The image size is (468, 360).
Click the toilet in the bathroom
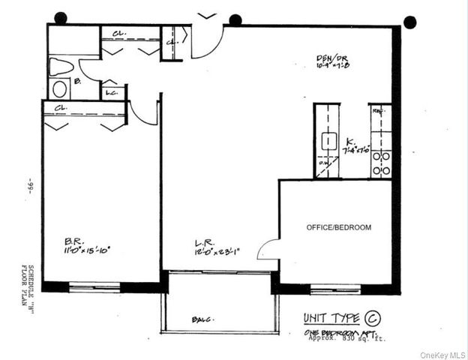click(61, 67)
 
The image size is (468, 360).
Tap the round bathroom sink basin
click(60, 89)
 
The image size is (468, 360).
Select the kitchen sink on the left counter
click(328, 139)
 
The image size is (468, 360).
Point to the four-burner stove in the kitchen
click(380, 163)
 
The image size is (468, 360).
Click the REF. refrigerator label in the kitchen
click(379, 110)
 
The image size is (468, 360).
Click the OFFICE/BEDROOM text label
click(338, 227)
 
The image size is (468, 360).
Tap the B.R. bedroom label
click(73, 241)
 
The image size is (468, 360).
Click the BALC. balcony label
click(201, 319)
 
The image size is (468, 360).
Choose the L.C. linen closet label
click(111, 93)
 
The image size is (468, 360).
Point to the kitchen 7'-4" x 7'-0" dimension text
click(356, 150)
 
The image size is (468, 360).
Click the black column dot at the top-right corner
click(409, 22)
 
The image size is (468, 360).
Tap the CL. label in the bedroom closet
click(61, 108)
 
